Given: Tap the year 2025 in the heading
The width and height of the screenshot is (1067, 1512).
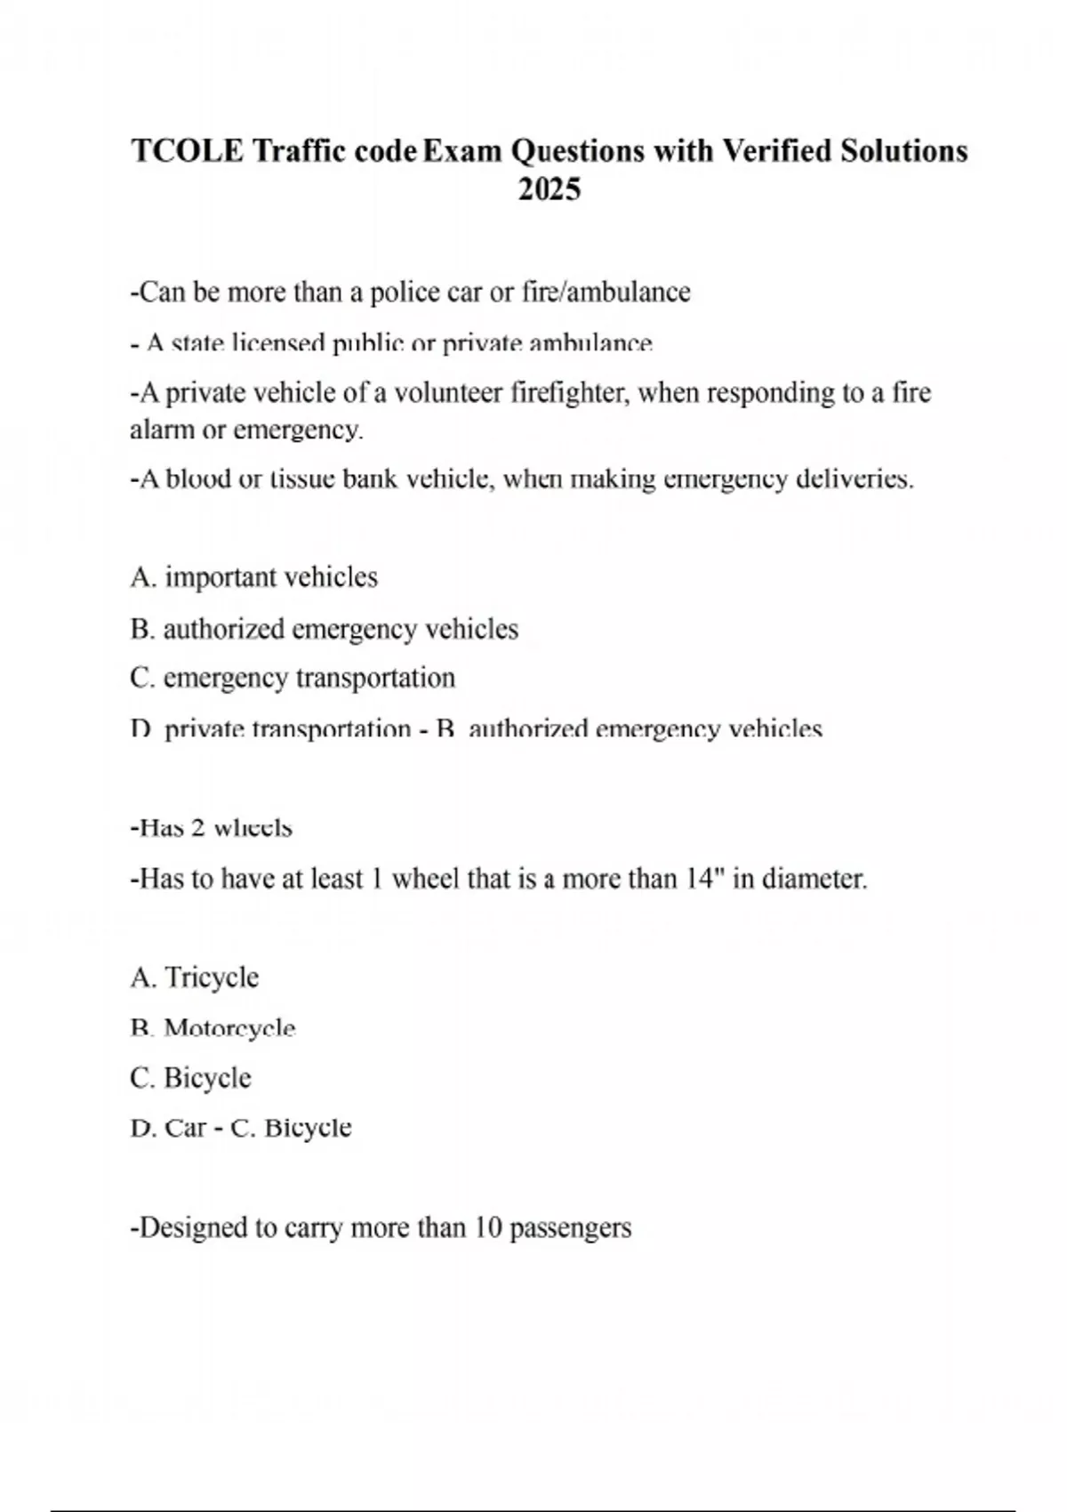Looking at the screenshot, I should coord(550,189).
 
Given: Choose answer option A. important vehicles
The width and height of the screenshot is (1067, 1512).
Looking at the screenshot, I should coord(253,577).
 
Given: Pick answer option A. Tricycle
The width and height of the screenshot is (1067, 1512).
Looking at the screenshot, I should coord(194,977).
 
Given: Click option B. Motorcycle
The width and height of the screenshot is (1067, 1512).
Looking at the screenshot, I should coord(213,1029).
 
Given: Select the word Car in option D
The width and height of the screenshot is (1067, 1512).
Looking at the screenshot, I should coord(185,1128).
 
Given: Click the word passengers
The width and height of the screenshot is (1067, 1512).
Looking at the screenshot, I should coord(570,1228).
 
